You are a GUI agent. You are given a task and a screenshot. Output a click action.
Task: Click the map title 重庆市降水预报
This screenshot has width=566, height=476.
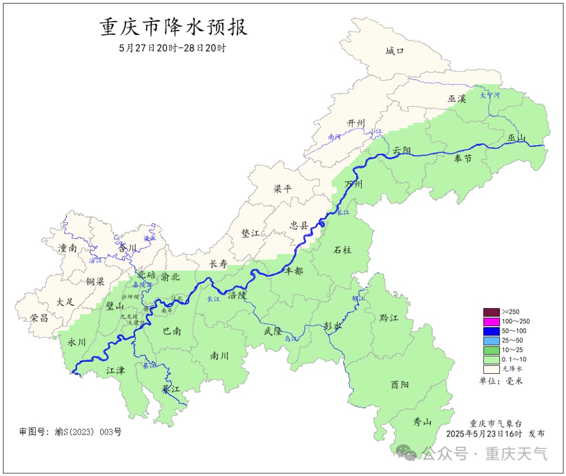[x=173, y=27]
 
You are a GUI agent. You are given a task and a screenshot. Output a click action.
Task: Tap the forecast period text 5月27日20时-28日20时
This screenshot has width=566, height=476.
[x=172, y=48]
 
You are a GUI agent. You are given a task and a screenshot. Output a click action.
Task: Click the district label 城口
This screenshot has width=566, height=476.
[x=395, y=51]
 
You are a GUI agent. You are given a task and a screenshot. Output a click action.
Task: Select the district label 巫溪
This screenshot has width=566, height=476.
[x=456, y=98]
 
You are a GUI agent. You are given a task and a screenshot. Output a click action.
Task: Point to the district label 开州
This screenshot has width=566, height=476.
[x=356, y=123]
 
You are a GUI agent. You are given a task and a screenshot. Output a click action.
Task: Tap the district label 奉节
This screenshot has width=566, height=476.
[x=463, y=158]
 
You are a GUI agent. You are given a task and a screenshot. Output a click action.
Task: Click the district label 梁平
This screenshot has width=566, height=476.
[x=282, y=189]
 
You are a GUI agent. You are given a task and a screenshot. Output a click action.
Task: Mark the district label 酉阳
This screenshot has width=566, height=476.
[x=400, y=384]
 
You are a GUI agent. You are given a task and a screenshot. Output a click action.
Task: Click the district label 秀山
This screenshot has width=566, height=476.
[x=422, y=421]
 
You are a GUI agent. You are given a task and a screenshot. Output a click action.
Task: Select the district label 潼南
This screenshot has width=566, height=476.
[x=68, y=248]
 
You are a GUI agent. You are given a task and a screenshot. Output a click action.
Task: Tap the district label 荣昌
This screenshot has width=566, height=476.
[x=39, y=318]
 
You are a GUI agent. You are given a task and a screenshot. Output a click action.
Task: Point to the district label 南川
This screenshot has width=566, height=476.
[x=219, y=355]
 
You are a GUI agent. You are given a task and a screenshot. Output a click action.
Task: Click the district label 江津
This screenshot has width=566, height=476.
[x=115, y=371]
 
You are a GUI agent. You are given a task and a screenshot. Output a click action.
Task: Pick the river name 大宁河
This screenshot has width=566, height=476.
[x=490, y=95]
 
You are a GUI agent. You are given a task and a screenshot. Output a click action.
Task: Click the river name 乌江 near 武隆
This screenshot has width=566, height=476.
[x=291, y=339]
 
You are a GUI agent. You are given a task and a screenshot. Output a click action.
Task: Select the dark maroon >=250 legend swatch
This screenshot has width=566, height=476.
[x=491, y=312]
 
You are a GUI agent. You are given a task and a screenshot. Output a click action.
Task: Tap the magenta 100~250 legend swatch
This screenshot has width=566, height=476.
[x=491, y=321]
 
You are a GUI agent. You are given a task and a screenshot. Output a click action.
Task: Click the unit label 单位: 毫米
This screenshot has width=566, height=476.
[x=501, y=381]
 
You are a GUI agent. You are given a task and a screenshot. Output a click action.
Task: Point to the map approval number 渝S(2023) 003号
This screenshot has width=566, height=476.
[x=70, y=432]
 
